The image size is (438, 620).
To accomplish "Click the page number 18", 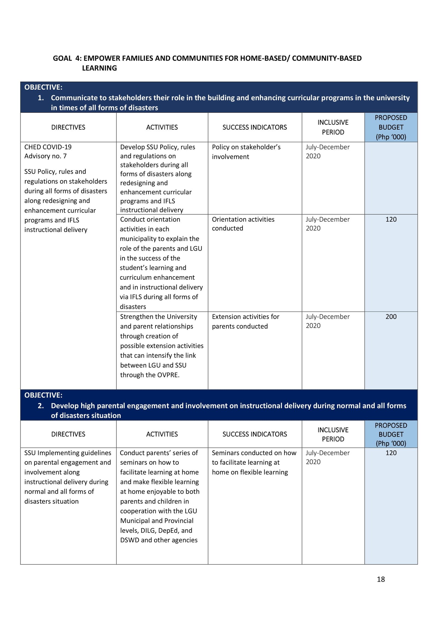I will tap(381, 579).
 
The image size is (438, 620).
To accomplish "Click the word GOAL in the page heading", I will tap(62, 58).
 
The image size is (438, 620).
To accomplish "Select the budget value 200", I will tap(391, 317).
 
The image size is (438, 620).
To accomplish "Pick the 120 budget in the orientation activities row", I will tap(391, 219).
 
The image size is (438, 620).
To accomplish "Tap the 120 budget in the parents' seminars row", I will tap(391, 453).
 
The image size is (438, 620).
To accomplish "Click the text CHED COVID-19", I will tap(48, 147).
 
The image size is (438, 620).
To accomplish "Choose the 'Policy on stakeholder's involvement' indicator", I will tap(246, 152).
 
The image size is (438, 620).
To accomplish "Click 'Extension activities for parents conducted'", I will tap(245, 321).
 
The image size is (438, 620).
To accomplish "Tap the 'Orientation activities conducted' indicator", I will tap(243, 224).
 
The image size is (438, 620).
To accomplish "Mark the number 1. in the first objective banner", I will tap(41, 98).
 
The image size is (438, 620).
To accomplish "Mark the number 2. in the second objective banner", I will tap(41, 406).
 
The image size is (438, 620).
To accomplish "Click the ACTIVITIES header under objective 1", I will tap(162, 127).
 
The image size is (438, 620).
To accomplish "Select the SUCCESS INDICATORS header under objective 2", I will tap(255, 434).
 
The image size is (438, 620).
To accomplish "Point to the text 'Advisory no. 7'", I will tap(45, 156).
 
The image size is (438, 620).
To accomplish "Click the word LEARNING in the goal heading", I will tap(99, 68).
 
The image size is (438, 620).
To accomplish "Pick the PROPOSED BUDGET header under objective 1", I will tap(391, 127).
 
